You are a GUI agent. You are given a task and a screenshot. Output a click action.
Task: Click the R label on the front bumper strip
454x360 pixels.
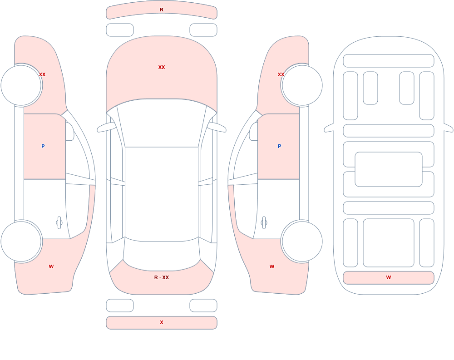pos(162,10)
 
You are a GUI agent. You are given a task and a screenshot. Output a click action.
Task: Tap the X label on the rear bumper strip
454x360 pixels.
pos(162,322)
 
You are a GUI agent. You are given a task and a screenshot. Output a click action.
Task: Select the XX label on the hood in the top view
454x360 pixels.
pos(162,67)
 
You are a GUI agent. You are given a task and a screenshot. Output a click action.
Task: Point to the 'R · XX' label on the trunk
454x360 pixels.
pos(162,277)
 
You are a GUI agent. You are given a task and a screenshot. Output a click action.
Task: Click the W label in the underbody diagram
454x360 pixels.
pos(389,277)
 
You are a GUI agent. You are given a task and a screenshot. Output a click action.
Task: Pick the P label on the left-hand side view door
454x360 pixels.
pos(43,146)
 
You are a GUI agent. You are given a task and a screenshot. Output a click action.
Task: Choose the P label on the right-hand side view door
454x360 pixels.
pos(279,146)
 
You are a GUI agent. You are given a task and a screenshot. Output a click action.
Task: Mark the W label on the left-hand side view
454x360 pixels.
pos(51,266)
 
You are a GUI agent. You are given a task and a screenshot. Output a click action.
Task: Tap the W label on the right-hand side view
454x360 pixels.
pos(272,266)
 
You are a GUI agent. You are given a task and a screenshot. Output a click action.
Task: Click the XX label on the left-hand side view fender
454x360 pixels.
pos(42,74)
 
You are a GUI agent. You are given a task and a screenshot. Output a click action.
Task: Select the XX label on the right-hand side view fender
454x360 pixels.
pos(281,74)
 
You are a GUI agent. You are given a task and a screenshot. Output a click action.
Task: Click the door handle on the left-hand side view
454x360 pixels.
pos(59,223)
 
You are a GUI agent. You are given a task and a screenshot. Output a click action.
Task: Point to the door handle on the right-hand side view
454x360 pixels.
pos(264,223)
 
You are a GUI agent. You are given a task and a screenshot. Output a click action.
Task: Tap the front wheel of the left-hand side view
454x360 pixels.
pos(21,85)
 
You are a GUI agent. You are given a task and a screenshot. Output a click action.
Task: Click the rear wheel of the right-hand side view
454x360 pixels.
pos(302,241)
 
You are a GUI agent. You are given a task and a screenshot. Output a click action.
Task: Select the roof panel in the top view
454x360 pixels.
pos(162,194)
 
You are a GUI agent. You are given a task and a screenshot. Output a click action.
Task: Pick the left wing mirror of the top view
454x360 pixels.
pos(106,128)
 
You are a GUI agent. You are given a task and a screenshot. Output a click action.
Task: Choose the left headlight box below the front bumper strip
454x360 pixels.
pos(120,30)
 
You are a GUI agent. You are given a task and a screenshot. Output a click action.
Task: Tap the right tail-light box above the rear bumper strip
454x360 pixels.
pos(203,305)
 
